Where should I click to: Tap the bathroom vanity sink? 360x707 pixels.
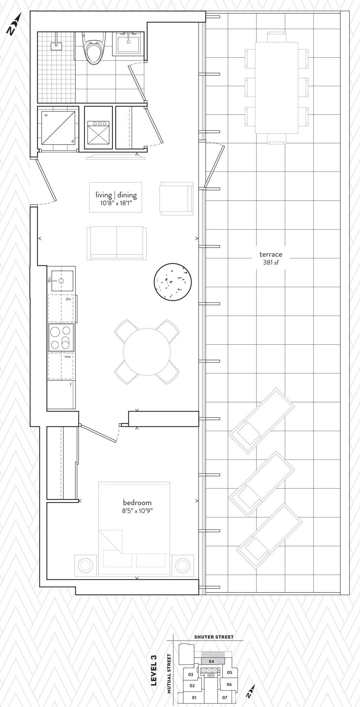tap(128, 44)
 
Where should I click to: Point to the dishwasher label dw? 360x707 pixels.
tap(68, 299)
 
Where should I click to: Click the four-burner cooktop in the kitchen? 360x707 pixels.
tap(61, 337)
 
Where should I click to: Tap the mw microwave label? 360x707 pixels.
tap(67, 356)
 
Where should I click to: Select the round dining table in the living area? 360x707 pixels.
tap(147, 352)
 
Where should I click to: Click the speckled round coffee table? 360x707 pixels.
tap(173, 282)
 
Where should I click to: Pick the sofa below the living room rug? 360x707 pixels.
tap(117, 243)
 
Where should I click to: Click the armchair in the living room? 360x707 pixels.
tap(176, 199)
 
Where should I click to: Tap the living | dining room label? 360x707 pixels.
tap(116, 195)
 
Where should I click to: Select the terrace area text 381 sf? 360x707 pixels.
tap(271, 262)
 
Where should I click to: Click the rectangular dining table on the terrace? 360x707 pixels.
tap(277, 88)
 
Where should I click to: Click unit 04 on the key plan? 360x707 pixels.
tap(211, 651)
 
